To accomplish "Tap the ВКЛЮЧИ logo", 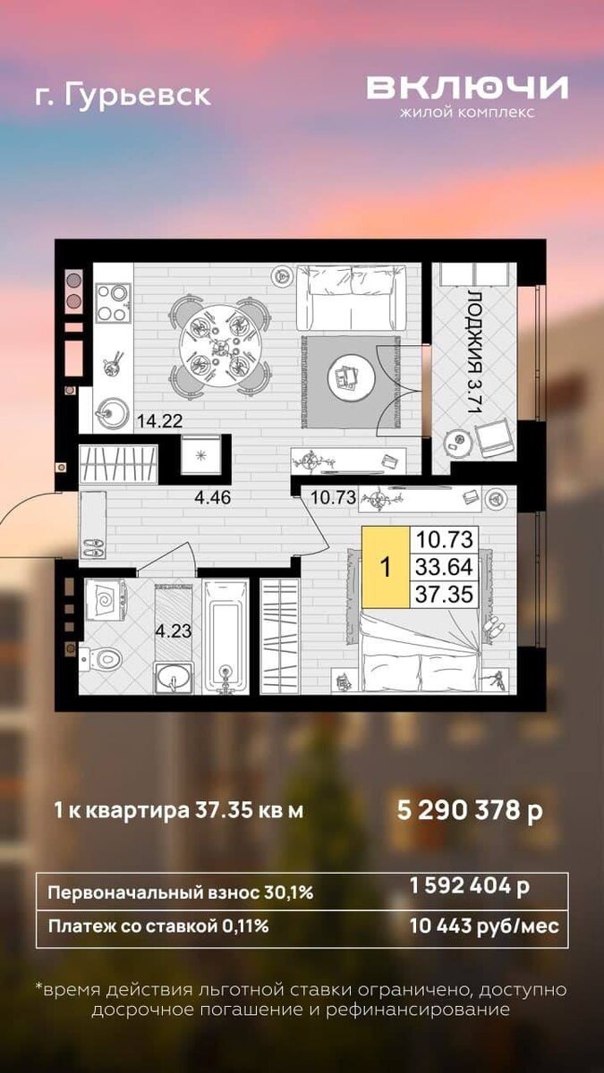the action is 467,88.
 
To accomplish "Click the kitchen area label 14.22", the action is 159,421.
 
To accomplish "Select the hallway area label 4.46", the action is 212,497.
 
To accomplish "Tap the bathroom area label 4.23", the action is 173,631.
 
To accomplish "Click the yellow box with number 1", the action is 386,568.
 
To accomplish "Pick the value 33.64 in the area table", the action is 445,567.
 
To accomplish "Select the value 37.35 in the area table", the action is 445,595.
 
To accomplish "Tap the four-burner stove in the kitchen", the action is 113,303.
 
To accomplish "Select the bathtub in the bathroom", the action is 225,636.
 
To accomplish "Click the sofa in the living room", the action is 352,298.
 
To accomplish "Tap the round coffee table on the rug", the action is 352,378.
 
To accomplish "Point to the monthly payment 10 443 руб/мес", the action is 484,926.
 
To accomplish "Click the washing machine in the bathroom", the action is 105,600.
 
